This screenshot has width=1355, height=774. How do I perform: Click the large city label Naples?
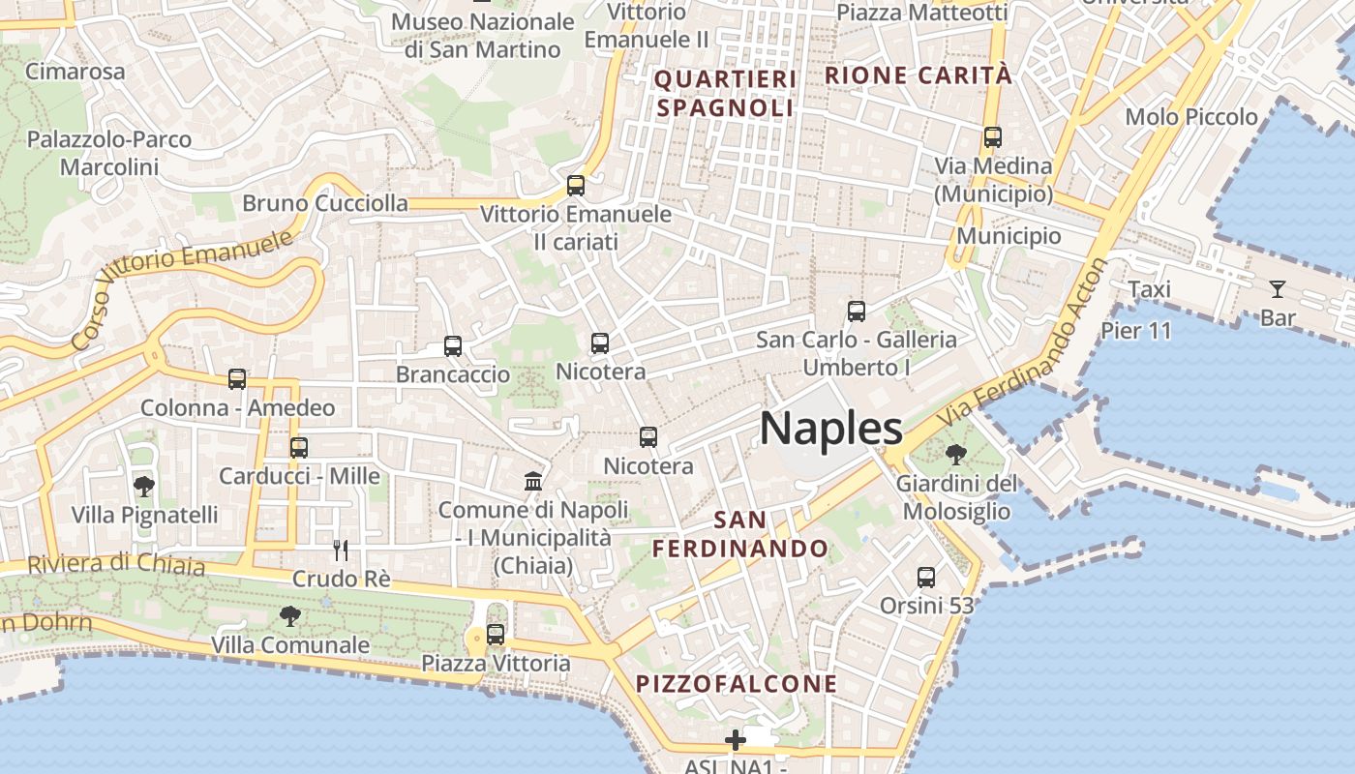coord(830,428)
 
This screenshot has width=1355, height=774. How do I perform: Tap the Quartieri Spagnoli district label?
coord(725,93)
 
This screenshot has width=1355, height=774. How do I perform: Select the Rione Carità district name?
coord(918,75)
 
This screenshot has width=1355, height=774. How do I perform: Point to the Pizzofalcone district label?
coord(737,684)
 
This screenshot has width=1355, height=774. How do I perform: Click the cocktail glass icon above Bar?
coord(1278,288)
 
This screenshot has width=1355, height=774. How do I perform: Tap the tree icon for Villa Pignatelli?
coord(144,486)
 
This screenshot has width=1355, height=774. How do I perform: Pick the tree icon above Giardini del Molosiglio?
coord(955,454)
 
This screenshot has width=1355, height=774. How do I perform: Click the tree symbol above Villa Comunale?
coord(289,615)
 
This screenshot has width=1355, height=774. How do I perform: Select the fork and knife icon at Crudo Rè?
coord(341,551)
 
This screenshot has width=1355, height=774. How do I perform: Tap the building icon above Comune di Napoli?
coord(533,480)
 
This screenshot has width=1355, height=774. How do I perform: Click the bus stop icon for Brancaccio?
coord(453,345)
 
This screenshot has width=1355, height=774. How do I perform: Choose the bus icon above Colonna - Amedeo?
coord(237,379)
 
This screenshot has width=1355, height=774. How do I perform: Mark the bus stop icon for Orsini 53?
coord(926,578)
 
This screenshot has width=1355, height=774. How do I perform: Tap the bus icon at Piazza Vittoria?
coord(496,635)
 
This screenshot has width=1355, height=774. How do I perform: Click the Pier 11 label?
coord(1136,331)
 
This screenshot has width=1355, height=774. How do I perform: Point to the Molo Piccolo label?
coord(1191,117)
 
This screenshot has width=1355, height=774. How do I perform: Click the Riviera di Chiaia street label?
coord(116,564)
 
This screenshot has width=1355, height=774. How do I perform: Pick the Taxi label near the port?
coord(1150,289)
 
